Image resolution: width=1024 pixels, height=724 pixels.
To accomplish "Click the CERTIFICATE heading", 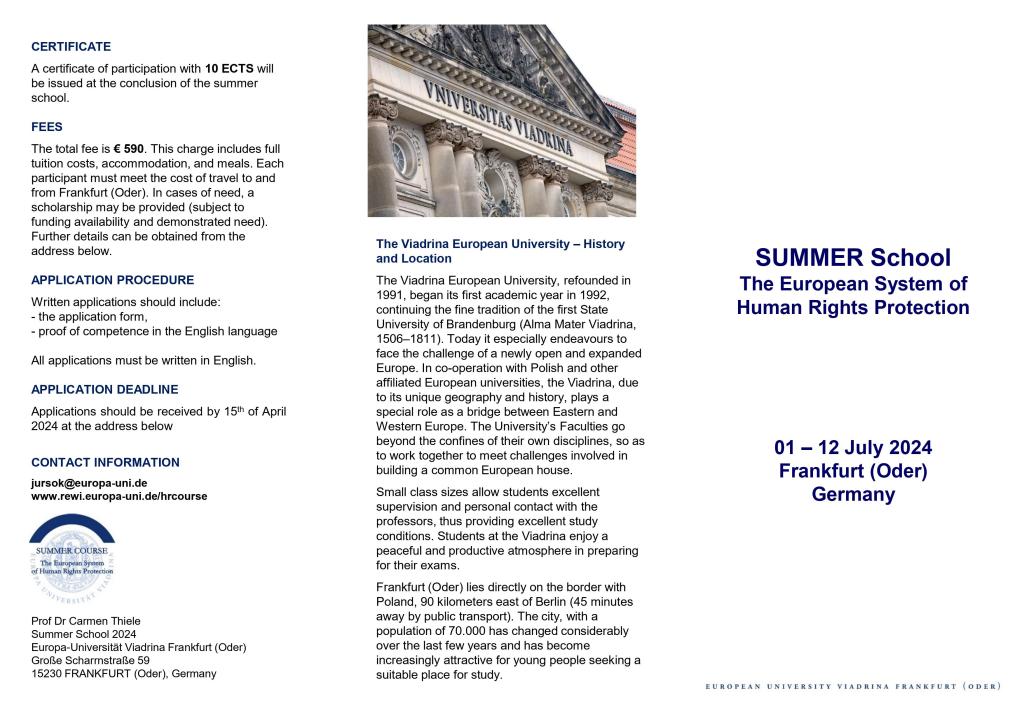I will pyautogui.click(x=71, y=47).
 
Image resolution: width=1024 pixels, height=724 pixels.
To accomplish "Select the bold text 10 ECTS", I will pyautogui.click(x=229, y=69).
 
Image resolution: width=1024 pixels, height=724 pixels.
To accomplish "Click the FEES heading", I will pyautogui.click(x=47, y=127).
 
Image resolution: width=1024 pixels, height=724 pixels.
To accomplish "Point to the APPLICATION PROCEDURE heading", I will pyautogui.click(x=112, y=280).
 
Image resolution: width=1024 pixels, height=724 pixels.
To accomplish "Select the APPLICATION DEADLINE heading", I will pyautogui.click(x=105, y=389).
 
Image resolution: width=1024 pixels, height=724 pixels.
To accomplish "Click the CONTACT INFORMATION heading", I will pyautogui.click(x=105, y=463).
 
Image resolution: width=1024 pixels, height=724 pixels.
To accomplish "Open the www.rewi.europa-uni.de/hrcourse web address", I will pyautogui.click(x=119, y=496).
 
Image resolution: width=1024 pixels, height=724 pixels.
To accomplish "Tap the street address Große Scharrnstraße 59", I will pyautogui.click(x=90, y=660).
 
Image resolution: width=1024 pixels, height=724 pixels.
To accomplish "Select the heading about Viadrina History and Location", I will pyautogui.click(x=500, y=251).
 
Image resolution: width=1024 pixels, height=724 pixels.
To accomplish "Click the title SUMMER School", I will pyautogui.click(x=853, y=258).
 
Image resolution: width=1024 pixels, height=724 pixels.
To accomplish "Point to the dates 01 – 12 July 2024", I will pyautogui.click(x=853, y=448).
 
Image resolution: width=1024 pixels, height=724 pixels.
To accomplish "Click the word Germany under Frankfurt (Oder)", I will pyautogui.click(x=853, y=495).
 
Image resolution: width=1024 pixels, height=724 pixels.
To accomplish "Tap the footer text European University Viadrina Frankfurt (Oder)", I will pyautogui.click(x=853, y=687).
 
